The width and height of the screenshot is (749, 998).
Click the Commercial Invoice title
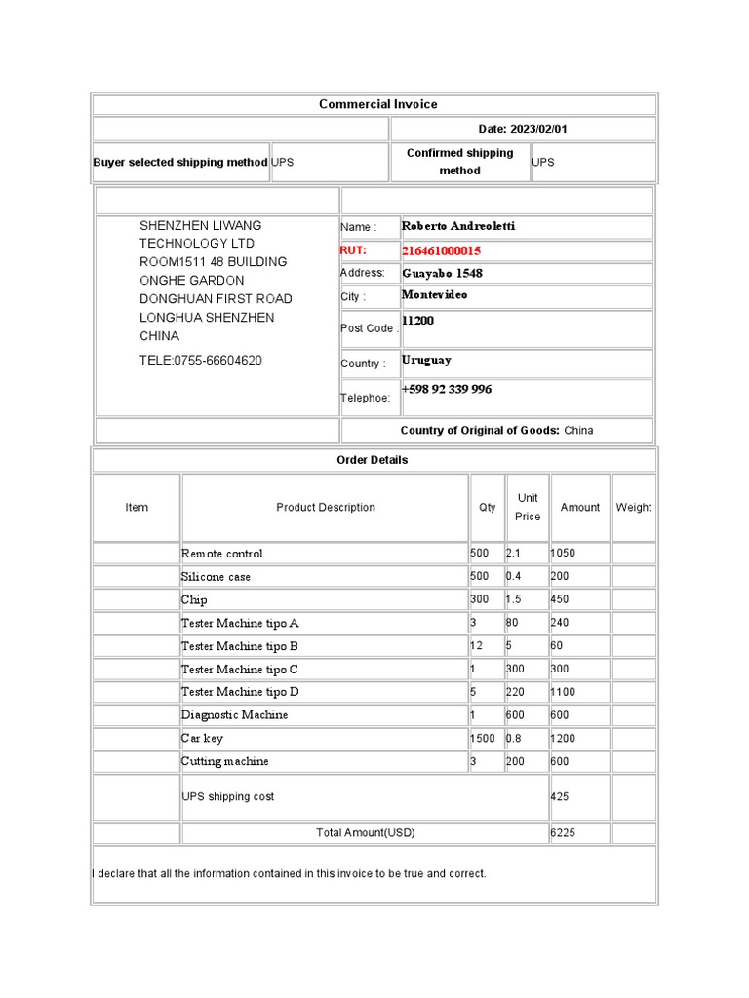coord(377,104)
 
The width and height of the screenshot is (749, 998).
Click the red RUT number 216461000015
coord(441,250)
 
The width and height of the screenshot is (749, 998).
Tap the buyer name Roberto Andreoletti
coord(458,226)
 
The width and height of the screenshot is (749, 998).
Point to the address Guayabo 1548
coord(442,273)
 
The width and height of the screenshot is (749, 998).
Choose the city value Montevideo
coord(434,295)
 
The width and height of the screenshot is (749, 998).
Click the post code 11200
coord(418,321)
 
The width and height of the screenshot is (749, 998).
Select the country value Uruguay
coord(426,360)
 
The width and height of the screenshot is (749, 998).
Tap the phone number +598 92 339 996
coord(447,389)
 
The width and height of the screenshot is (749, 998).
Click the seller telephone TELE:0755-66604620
coord(201,361)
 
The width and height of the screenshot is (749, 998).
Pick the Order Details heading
coord(373,460)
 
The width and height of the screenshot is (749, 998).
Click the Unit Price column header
coord(528,507)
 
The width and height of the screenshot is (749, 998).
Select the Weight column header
coord(634,507)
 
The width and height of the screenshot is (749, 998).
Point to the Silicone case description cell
coord(216,577)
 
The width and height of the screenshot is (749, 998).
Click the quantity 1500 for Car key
coord(483,738)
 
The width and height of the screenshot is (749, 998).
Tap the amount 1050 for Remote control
coord(563,553)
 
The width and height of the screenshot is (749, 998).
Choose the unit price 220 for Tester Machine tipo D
coord(515,692)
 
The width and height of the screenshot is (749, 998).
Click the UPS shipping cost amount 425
coord(560,796)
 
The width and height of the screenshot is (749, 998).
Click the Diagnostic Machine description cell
coord(234,715)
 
